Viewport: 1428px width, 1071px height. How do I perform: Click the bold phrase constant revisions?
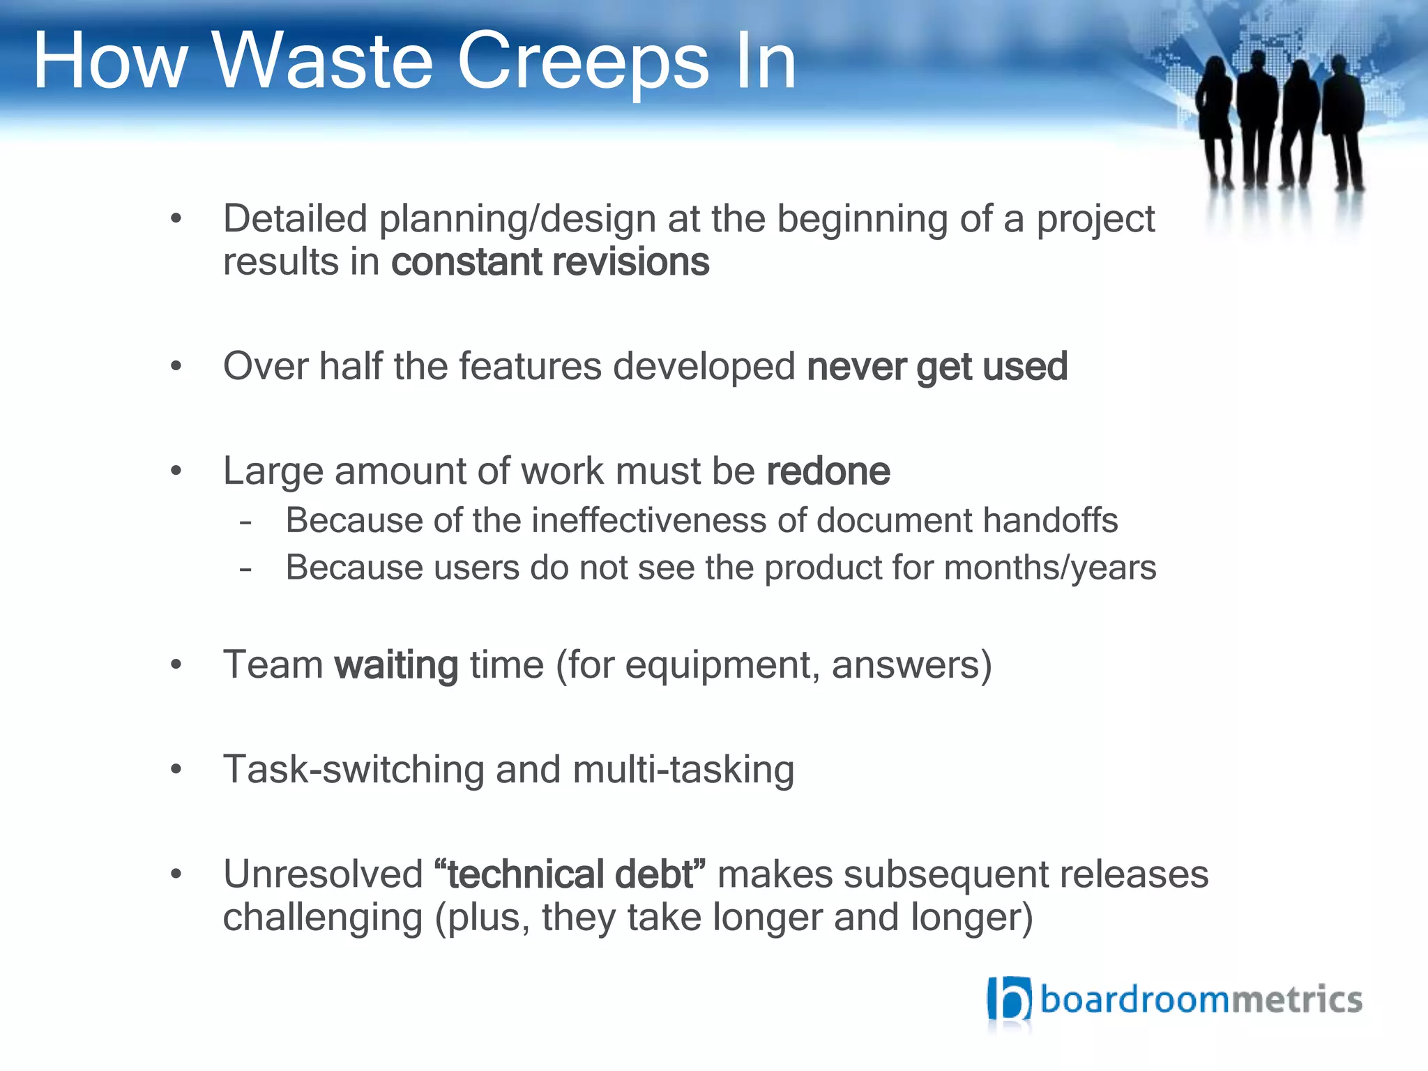[x=550, y=262]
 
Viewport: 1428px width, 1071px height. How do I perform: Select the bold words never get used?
[x=936, y=367]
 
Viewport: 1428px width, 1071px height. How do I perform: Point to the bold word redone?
[x=828, y=471]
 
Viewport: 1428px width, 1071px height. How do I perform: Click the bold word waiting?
[x=396, y=665]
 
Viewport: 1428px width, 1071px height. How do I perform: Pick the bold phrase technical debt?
[x=570, y=874]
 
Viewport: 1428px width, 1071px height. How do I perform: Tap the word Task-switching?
[x=353, y=770]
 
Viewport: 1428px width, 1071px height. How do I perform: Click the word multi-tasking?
[x=683, y=770]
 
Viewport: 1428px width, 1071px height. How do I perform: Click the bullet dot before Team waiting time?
[x=176, y=664]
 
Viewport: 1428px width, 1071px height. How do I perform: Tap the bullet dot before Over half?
[x=176, y=366]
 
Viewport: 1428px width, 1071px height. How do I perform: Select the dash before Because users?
[x=245, y=568]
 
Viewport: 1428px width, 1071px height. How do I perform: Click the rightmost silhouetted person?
[x=1344, y=122]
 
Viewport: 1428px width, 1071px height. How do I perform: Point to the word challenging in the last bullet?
[x=323, y=918]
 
